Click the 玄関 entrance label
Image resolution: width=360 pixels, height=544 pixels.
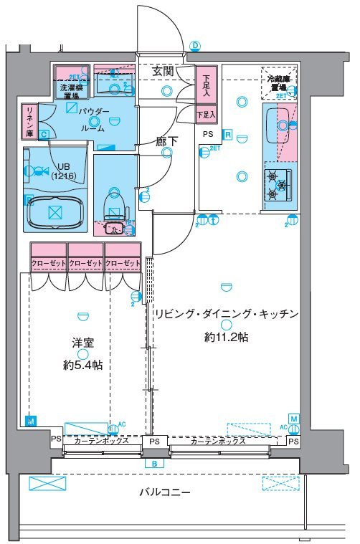(x=164, y=71)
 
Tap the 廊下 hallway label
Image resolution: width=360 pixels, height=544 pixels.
(x=166, y=141)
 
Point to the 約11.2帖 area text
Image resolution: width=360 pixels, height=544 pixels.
(x=226, y=336)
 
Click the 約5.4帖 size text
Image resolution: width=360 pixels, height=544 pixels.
(x=82, y=365)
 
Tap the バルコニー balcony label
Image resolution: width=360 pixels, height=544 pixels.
(x=165, y=492)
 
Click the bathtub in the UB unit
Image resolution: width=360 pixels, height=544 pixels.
(x=55, y=212)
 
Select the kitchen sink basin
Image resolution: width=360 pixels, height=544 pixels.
(x=283, y=125)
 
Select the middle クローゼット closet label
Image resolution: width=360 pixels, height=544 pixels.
(x=86, y=264)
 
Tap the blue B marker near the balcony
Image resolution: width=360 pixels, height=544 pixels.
(x=154, y=464)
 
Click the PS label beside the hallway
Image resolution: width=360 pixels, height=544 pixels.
(x=207, y=134)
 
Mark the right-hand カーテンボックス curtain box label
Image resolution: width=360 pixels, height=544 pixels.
(x=218, y=441)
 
